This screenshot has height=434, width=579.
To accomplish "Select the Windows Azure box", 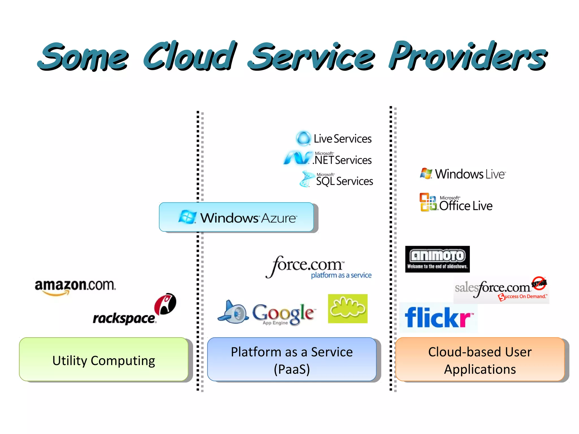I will [236, 217].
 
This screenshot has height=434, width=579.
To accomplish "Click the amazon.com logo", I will [75, 286].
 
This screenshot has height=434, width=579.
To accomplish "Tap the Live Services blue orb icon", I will [303, 138].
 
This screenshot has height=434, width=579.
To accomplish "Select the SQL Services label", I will [344, 181].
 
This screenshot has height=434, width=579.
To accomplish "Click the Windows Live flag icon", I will [426, 173].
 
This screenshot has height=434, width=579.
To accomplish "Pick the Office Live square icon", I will [428, 202].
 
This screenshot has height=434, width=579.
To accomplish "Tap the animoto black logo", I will [437, 259].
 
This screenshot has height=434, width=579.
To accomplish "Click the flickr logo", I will [438, 318].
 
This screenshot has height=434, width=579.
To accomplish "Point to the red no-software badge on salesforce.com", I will [539, 283].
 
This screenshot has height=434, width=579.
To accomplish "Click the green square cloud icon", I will [347, 309].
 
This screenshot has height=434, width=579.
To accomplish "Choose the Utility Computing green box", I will [104, 359].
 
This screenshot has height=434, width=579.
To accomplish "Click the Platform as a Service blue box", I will [292, 359].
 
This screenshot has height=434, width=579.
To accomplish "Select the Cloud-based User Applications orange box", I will [480, 359].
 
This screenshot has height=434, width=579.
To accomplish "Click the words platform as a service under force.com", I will [341, 275].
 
